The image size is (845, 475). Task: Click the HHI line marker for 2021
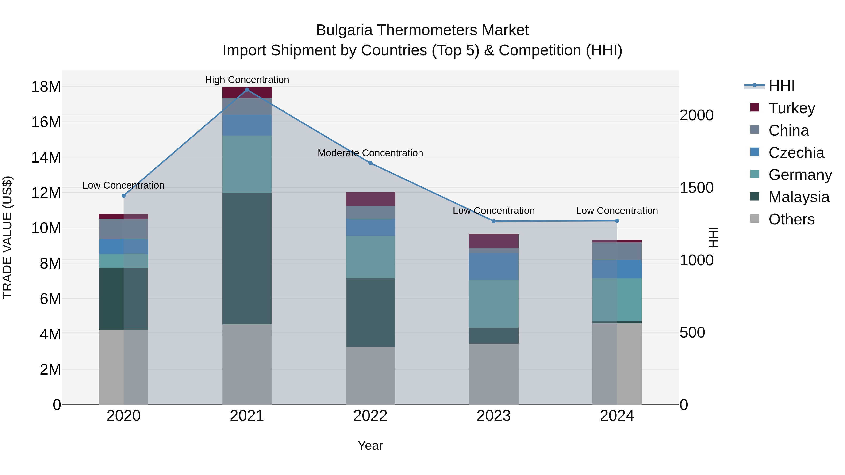[x=247, y=90]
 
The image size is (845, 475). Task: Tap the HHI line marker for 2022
[x=370, y=163]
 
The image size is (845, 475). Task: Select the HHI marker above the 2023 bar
[x=494, y=221]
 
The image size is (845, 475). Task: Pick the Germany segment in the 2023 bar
[x=494, y=304]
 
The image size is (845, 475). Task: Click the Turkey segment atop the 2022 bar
[x=370, y=199]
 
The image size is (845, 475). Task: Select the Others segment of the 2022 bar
[x=370, y=376]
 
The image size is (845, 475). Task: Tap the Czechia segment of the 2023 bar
[x=494, y=266]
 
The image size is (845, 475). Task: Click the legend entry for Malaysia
[x=799, y=197]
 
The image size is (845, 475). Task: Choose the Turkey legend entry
[x=791, y=108]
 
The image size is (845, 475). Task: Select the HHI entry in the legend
[x=781, y=86]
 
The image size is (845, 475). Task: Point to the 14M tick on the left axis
[x=46, y=157]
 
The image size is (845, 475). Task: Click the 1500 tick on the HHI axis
[x=696, y=188]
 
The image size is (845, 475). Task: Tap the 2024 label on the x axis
[x=617, y=416]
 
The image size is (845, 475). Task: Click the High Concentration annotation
[x=247, y=80]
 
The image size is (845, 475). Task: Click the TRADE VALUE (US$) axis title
[x=7, y=237]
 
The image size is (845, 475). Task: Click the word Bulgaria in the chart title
[x=344, y=30]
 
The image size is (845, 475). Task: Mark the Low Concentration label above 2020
[x=123, y=185]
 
